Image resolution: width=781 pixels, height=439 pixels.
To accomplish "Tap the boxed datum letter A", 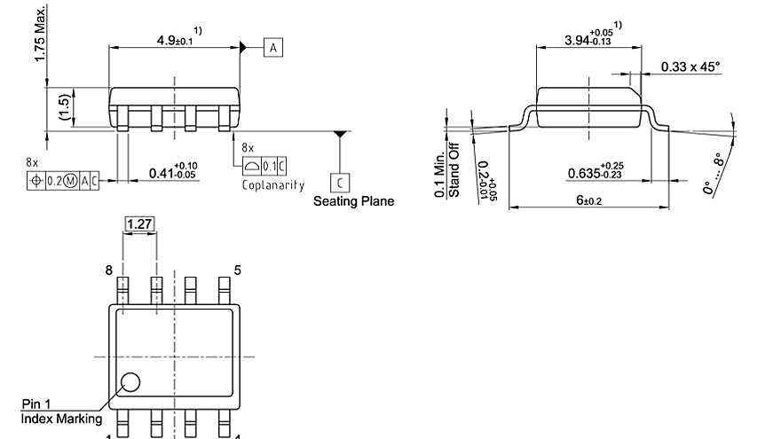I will [x=272, y=47].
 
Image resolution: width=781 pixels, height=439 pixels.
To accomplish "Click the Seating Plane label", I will [x=353, y=201].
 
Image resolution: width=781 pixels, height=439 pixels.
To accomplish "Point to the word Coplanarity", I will [x=272, y=185].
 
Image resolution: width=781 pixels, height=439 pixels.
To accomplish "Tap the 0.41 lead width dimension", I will [x=172, y=170].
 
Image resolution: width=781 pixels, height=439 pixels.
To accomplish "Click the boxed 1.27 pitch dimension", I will [x=138, y=225].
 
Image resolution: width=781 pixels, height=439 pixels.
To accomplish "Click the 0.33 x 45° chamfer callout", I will [x=690, y=67].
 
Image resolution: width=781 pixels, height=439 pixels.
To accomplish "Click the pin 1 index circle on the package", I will [x=130, y=382].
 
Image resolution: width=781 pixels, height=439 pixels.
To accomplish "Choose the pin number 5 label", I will [x=237, y=270].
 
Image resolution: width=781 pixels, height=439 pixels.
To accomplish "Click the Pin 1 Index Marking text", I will [x=61, y=411].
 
